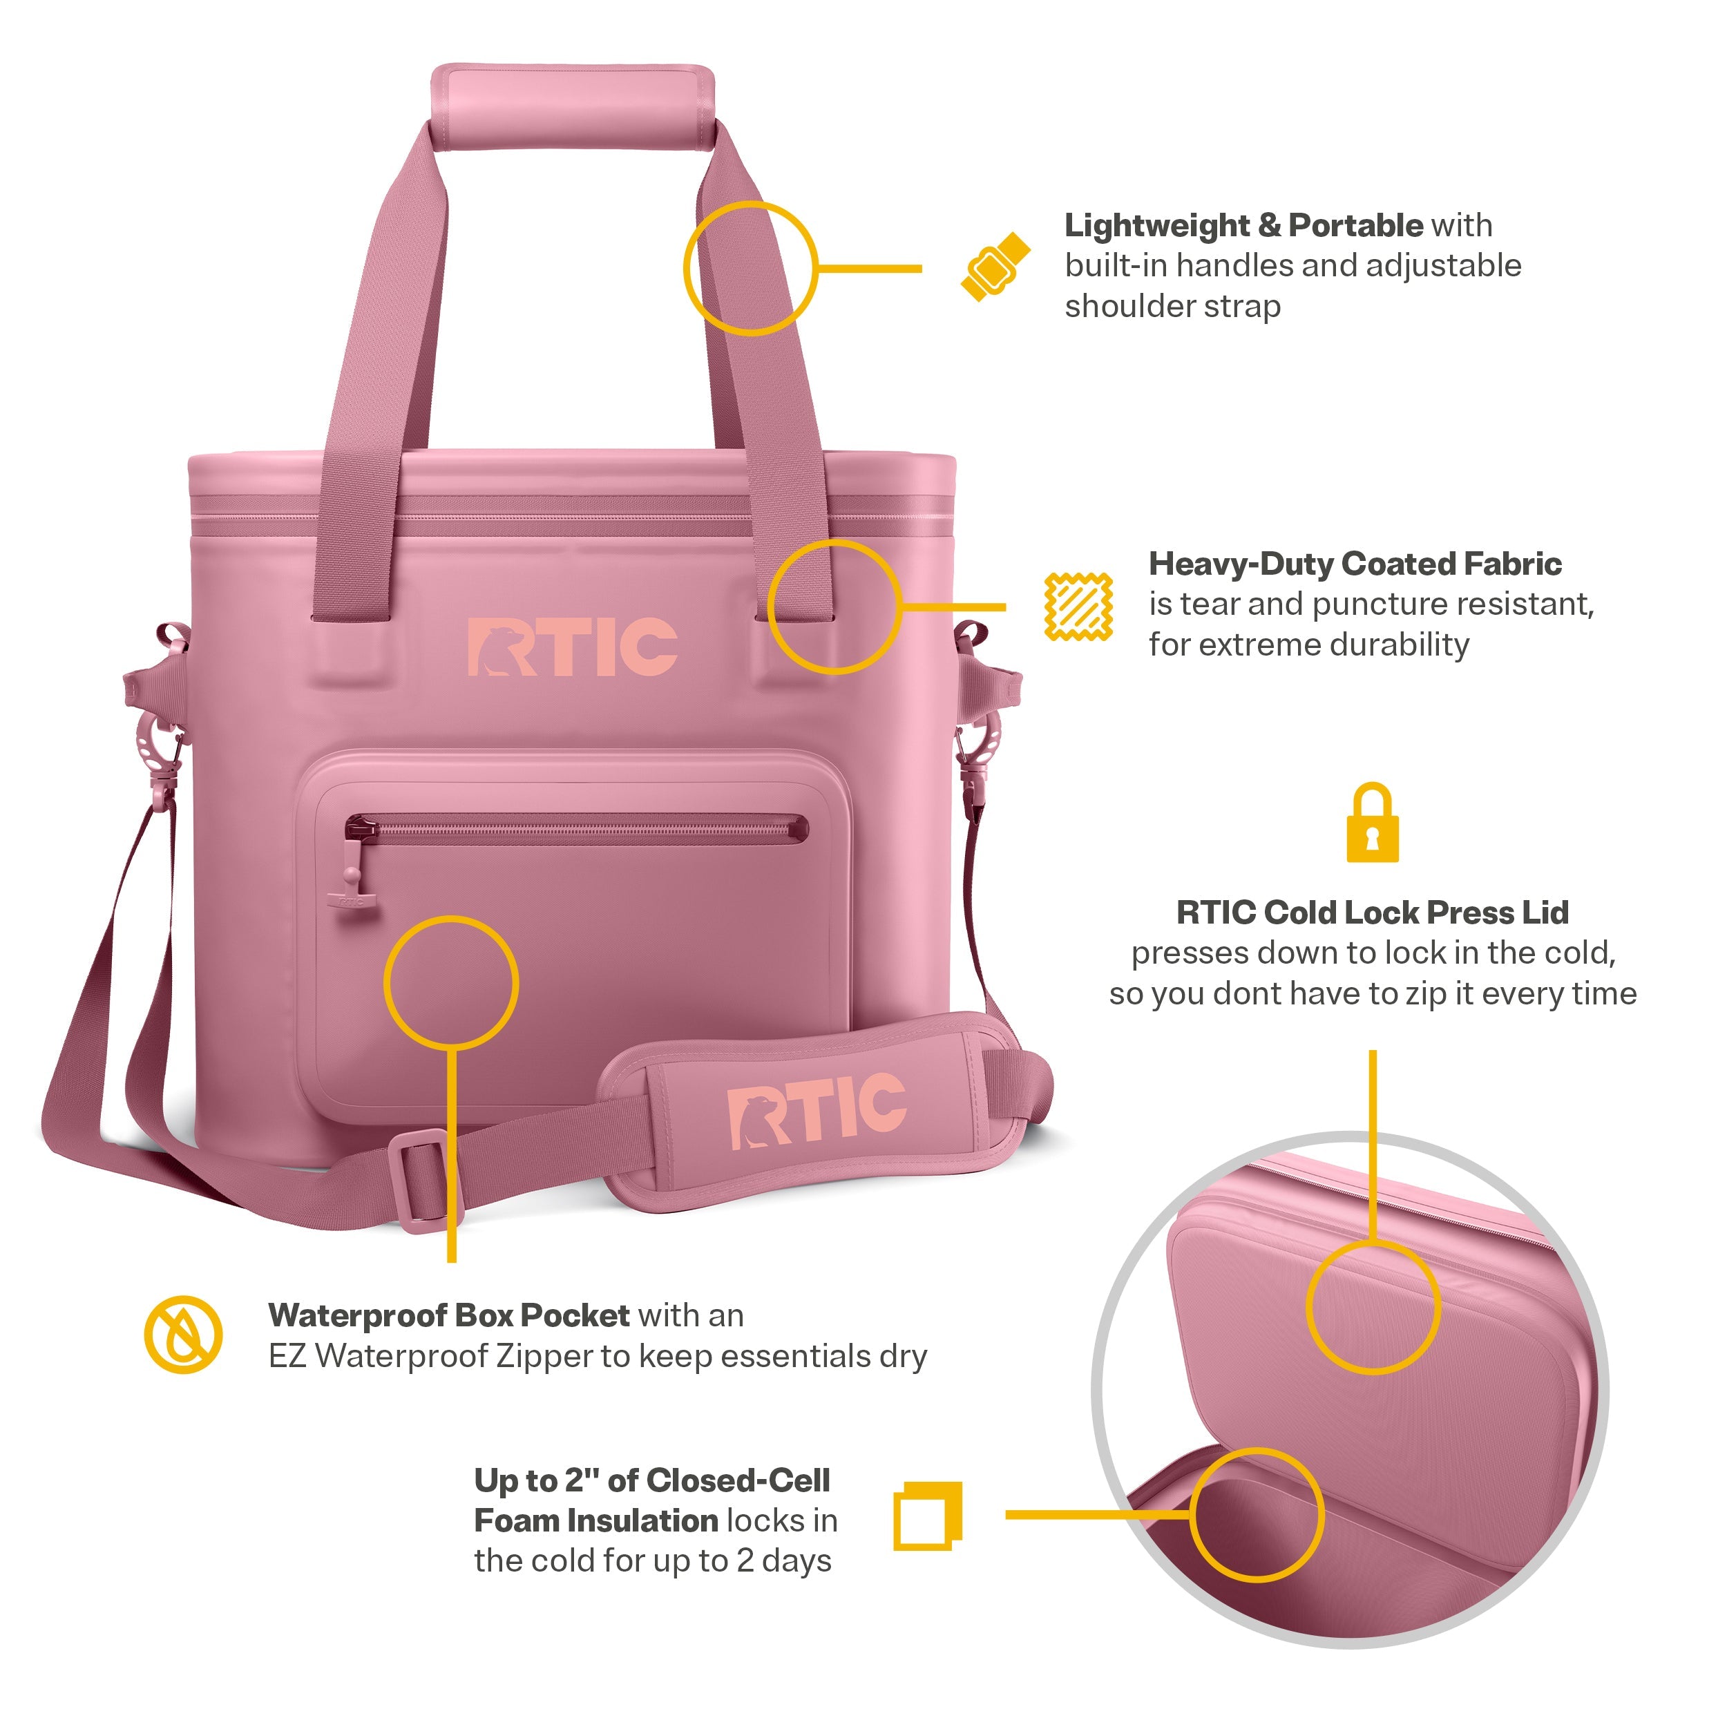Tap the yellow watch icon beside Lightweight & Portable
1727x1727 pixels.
tap(995, 267)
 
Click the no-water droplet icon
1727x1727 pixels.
tap(183, 1335)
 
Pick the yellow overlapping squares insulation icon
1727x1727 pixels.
tap(928, 1516)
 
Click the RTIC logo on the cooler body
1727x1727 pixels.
tap(572, 647)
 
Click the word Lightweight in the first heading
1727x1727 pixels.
tap(1156, 226)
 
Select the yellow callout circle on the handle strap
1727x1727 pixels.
tap(750, 268)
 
